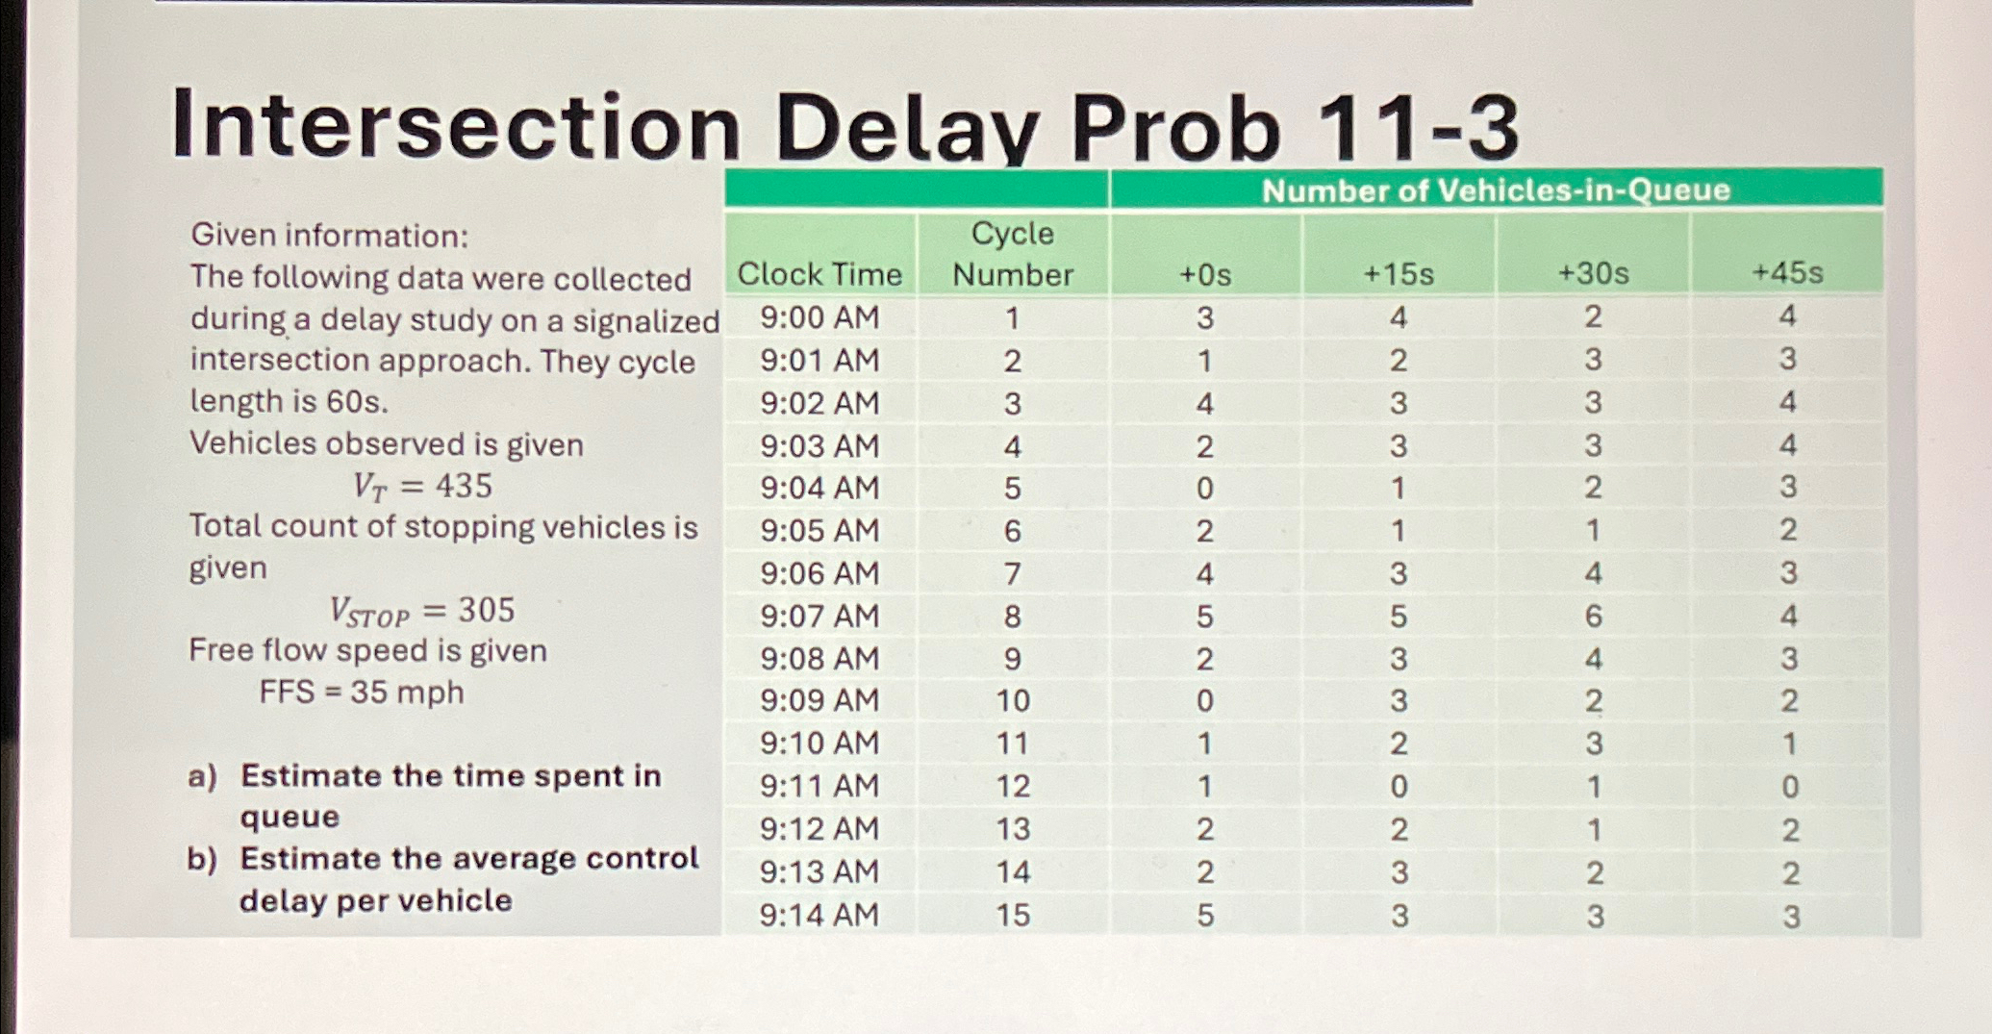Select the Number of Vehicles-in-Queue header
1496,190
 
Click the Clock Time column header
819,274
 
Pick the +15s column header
1399,274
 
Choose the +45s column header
1787,272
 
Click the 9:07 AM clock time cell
819,616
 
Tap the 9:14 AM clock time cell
819,914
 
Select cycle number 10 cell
1013,700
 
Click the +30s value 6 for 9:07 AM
1593,616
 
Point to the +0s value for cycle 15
1205,915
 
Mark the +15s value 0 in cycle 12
1399,787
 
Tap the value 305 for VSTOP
486,610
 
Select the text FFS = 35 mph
362,693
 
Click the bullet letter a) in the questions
202,775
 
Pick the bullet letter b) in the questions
202,859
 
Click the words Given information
329,235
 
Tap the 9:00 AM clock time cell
819,317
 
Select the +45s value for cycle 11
1788,744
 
